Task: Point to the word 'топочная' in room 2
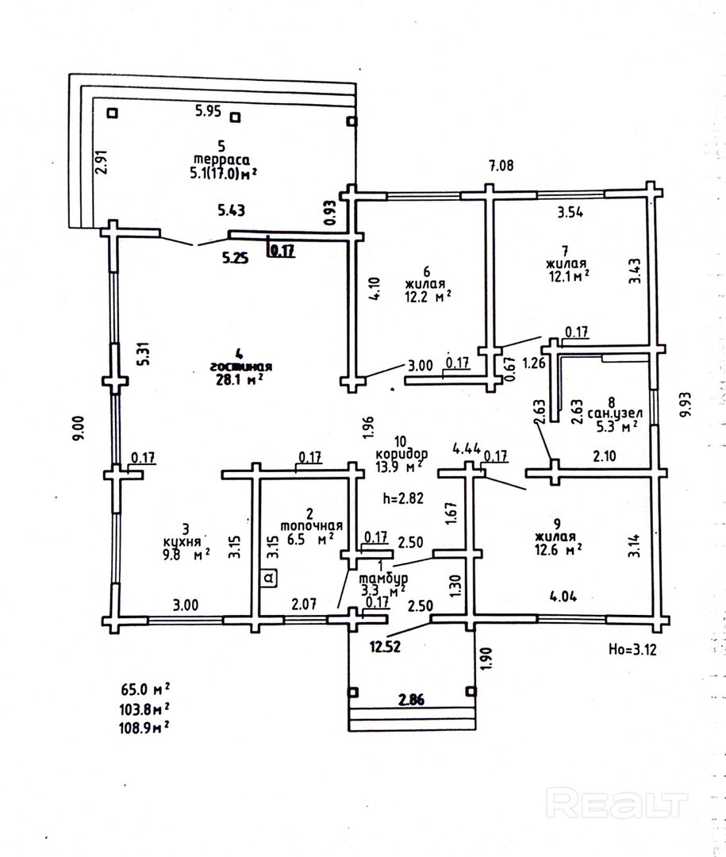pyautogui.click(x=312, y=525)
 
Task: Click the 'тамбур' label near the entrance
pyautogui.click(x=382, y=577)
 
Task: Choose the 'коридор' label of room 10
pyautogui.click(x=402, y=453)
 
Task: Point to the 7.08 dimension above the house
pyautogui.click(x=501, y=166)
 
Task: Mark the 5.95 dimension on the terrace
pyautogui.click(x=208, y=111)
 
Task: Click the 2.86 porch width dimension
pyautogui.click(x=412, y=699)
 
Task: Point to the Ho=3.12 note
pyautogui.click(x=633, y=648)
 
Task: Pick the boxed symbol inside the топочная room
pyautogui.click(x=270, y=578)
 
